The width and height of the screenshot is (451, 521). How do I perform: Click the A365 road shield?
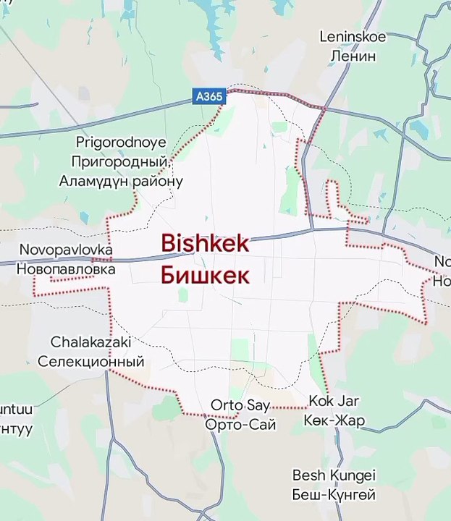(x=209, y=96)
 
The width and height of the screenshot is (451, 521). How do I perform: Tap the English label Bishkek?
(x=205, y=243)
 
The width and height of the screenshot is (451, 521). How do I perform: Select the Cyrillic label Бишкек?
(x=205, y=276)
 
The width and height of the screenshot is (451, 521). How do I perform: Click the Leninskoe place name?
(x=353, y=36)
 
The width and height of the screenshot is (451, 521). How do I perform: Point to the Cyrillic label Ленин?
(x=353, y=55)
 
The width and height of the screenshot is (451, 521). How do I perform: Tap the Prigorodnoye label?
(x=121, y=143)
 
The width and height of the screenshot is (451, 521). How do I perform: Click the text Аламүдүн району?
(x=121, y=180)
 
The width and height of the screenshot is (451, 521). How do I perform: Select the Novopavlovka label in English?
(x=66, y=250)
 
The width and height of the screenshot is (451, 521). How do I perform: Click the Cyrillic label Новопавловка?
(x=66, y=268)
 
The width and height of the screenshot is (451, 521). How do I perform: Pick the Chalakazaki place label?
(x=90, y=342)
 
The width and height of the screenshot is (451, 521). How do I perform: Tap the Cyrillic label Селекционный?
(x=90, y=361)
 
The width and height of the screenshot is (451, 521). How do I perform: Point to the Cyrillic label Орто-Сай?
(x=240, y=425)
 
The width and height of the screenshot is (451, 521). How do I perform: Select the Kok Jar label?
(x=334, y=401)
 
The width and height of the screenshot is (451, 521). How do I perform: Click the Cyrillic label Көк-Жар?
(x=334, y=420)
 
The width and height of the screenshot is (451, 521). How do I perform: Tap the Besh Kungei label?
(x=334, y=475)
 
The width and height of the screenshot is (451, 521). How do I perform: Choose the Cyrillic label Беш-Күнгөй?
(x=334, y=495)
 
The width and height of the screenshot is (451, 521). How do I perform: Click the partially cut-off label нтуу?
(x=16, y=428)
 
